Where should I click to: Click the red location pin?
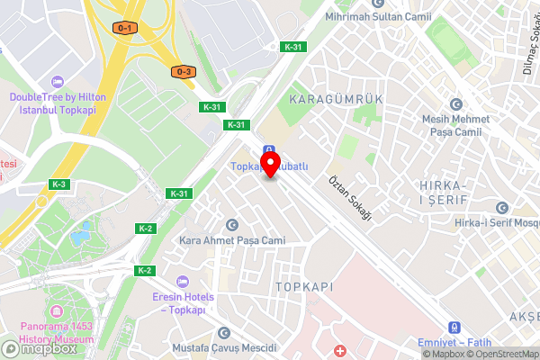coord(267,164)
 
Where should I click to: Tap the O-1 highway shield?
coord(125,28)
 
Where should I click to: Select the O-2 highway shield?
coord(184,71)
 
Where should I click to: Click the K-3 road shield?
coord(59,184)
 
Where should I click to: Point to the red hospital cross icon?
coord(339,349)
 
